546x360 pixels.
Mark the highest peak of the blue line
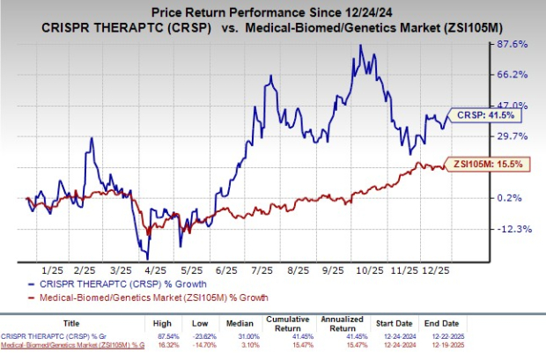[x=360, y=45]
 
